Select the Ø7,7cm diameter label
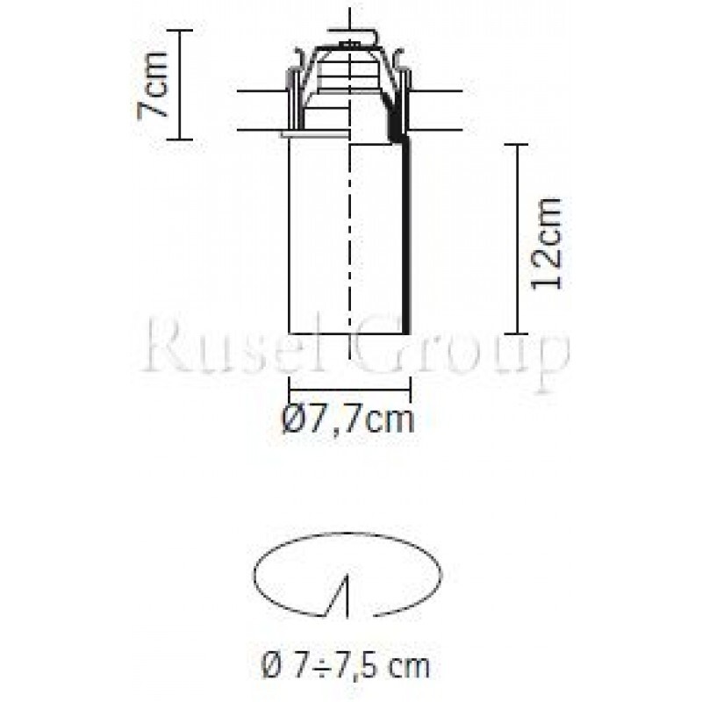pyautogui.click(x=348, y=419)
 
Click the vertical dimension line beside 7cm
pyautogui.click(x=180, y=84)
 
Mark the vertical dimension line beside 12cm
pyautogui.click(x=518, y=239)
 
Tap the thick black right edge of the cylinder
pyautogui.click(x=407, y=237)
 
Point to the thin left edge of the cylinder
pyautogui.click(x=290, y=237)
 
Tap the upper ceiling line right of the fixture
pyautogui.click(x=439, y=90)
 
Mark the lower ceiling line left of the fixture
pyautogui.click(x=259, y=131)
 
